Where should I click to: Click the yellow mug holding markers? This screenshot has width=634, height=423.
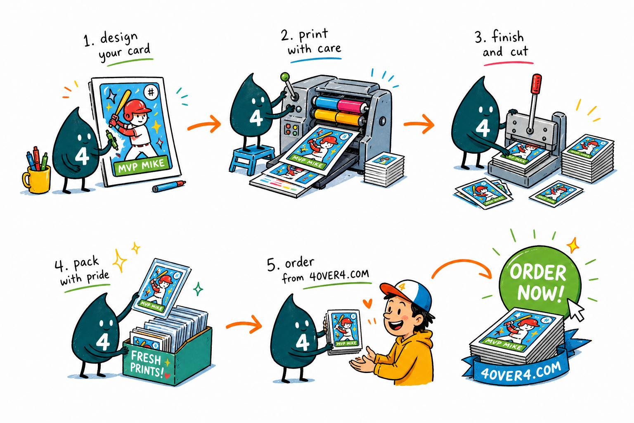click(x=37, y=179)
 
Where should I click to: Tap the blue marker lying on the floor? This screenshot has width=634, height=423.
click(x=169, y=186)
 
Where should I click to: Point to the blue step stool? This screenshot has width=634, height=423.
click(x=252, y=159)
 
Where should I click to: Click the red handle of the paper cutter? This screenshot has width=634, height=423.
click(x=536, y=83)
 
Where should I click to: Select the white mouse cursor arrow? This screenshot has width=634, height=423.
click(x=576, y=310)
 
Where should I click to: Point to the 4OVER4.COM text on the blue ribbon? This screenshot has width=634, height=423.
click(x=521, y=371)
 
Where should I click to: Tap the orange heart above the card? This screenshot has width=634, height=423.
click(x=367, y=304)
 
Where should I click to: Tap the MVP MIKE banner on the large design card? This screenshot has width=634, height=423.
click(x=142, y=166)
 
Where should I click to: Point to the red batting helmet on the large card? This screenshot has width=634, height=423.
click(x=137, y=108)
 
